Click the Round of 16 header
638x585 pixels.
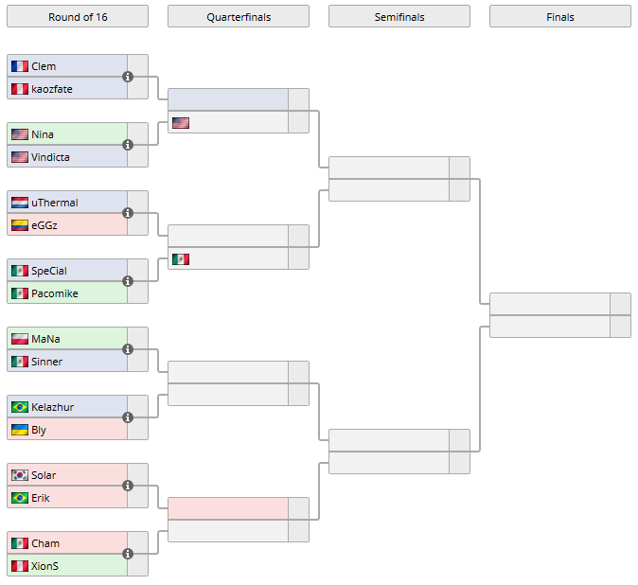(77, 17)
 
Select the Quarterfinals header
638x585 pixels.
(238, 17)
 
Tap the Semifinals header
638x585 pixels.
(399, 17)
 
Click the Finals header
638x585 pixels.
(559, 17)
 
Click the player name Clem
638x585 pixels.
(44, 66)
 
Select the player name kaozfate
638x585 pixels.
(52, 89)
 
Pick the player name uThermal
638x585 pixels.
(55, 203)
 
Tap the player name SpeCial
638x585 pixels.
(49, 271)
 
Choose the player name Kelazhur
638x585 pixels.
(52, 407)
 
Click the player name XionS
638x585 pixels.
(44, 566)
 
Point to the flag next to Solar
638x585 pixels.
(20, 475)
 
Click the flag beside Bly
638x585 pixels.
(20, 430)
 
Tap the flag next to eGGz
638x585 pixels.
(20, 225)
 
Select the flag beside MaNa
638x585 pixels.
(20, 339)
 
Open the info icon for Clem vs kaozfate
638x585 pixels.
(128, 77)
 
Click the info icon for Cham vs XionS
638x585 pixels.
(128, 554)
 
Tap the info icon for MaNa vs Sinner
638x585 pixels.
(128, 349)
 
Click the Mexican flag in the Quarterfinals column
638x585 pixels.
(181, 259)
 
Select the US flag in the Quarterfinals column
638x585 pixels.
(181, 123)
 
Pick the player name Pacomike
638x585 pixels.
(55, 293)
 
